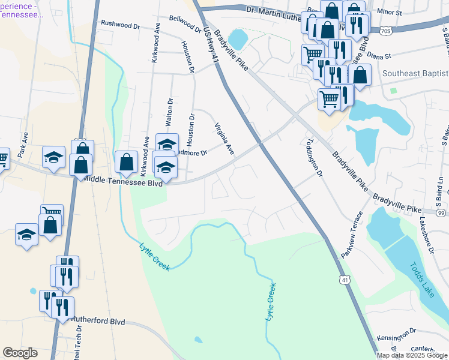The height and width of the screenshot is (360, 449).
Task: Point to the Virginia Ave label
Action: [x=224, y=139]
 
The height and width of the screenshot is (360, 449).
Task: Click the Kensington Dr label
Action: [x=396, y=332]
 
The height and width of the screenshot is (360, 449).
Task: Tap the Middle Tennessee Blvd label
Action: [x=123, y=179]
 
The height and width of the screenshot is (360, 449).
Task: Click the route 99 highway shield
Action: [x=441, y=213]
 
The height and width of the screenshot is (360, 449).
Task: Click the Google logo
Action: [x=20, y=353]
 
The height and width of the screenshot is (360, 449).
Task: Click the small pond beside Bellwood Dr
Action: [x=237, y=40]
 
